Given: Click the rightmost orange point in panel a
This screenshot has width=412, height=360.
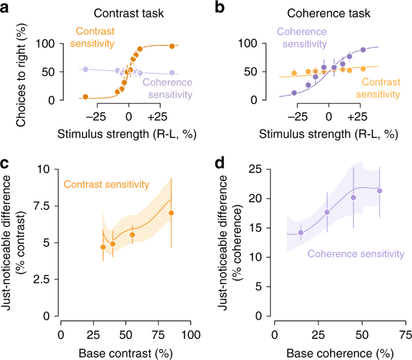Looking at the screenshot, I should click(172, 46).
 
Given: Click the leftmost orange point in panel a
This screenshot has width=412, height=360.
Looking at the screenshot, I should click(85, 97).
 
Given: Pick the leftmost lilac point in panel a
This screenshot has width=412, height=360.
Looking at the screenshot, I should click(85, 70).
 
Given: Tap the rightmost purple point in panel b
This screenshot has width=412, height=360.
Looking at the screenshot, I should click(363, 50).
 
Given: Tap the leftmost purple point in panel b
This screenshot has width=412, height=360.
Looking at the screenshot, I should click(294, 93).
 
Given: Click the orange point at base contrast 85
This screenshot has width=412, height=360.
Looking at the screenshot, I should click(171, 213).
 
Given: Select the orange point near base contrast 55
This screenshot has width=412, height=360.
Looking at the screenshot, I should click(132, 235).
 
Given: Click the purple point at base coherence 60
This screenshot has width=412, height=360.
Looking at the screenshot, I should click(380, 191).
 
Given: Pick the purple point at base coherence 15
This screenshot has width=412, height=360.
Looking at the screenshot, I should click(301, 232).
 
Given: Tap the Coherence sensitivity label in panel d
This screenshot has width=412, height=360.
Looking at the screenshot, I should click(356, 255).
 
